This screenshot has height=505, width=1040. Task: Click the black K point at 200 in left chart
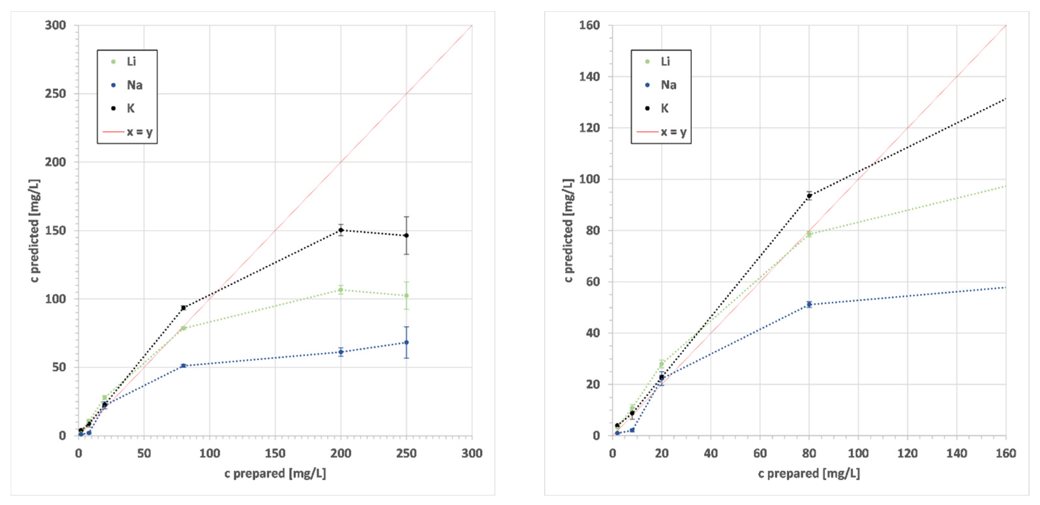tap(341, 230)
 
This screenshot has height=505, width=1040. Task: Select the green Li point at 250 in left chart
tap(406, 295)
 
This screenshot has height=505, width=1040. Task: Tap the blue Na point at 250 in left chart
tap(406, 342)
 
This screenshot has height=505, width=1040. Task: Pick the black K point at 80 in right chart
tap(809, 196)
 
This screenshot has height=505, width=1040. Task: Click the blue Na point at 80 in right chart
tap(809, 304)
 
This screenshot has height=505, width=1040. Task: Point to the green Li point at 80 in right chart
tap(809, 234)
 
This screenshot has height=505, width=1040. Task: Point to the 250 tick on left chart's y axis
tap(55, 94)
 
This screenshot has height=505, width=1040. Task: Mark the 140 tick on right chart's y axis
tap(589, 76)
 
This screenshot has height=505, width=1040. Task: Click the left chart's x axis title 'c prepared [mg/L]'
tap(275, 473)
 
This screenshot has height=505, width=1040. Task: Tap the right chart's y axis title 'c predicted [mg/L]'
tap(568, 230)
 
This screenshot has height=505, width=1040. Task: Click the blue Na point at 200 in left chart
tap(341, 352)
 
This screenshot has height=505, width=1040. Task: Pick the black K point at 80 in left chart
tap(183, 308)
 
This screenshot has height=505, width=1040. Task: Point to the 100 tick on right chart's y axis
tap(589, 179)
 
